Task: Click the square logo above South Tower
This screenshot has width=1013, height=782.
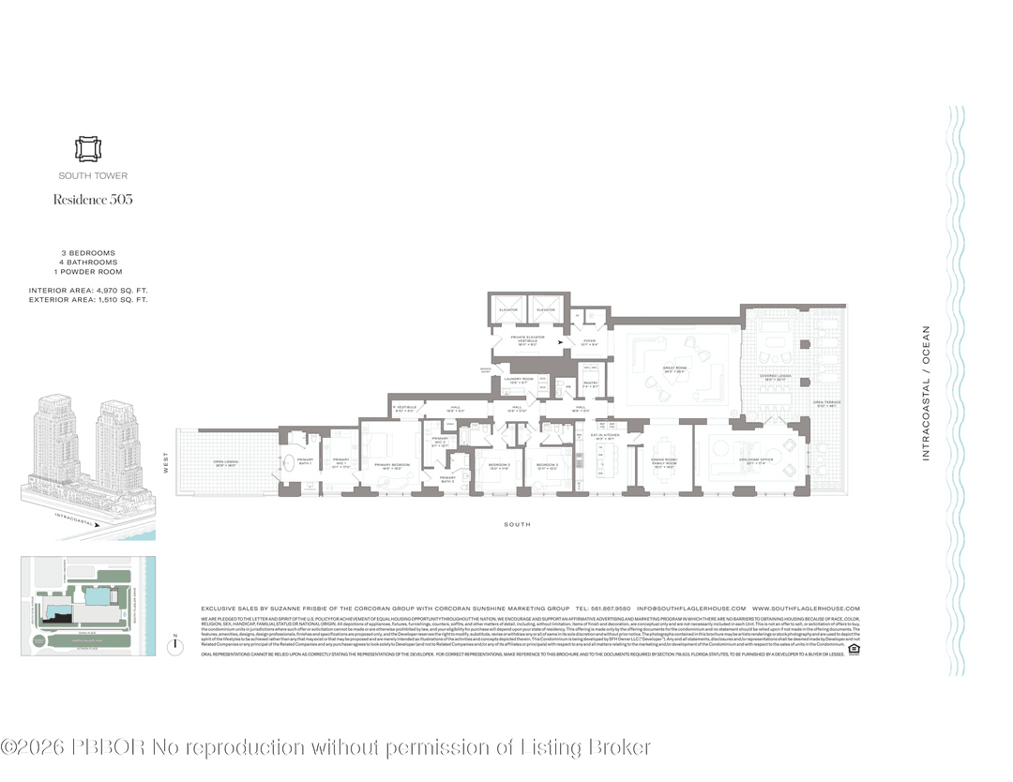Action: [x=92, y=150]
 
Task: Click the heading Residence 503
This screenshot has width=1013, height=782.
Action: [x=92, y=199]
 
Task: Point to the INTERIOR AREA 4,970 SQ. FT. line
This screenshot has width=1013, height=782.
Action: [x=88, y=291]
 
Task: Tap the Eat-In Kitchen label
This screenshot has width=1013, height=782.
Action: [x=602, y=436]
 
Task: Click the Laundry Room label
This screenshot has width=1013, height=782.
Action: [x=518, y=380]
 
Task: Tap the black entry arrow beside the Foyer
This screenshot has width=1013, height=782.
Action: [x=562, y=343]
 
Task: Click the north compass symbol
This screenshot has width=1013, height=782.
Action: [x=175, y=644]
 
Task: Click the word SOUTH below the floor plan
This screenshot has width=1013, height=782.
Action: [x=517, y=524]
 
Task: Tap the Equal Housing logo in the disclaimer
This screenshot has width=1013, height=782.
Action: [x=854, y=648]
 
